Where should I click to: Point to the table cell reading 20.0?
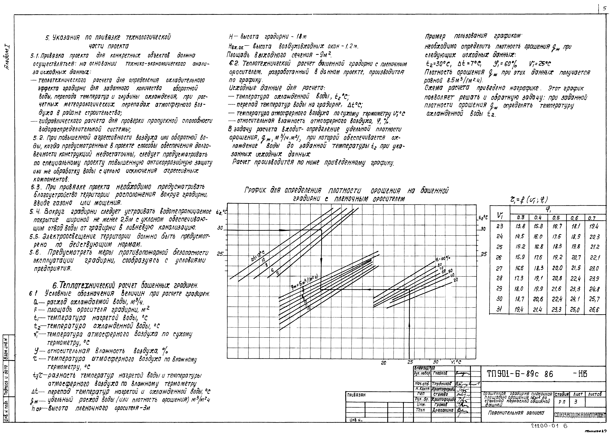pyautogui.click(x=556, y=268)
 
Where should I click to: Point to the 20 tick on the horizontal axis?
pyautogui.click(x=384, y=363)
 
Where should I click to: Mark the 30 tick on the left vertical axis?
pyautogui.click(x=220, y=228)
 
